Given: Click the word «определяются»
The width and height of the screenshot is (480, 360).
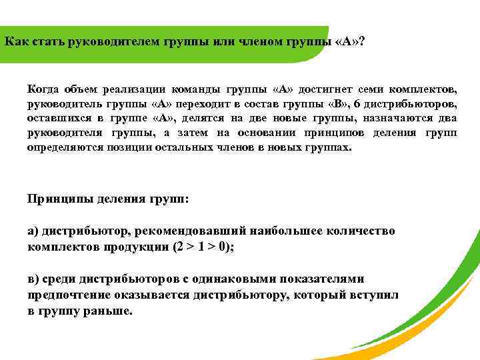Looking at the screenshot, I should tap(64, 147).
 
